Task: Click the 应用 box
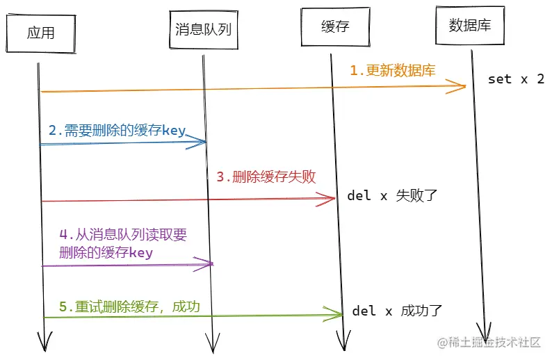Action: (40, 32)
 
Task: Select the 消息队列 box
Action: (202, 28)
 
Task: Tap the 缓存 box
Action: (334, 27)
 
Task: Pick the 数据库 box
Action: (470, 26)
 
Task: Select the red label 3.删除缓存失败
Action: (266, 177)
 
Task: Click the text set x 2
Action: (516, 79)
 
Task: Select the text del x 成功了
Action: (397, 311)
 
